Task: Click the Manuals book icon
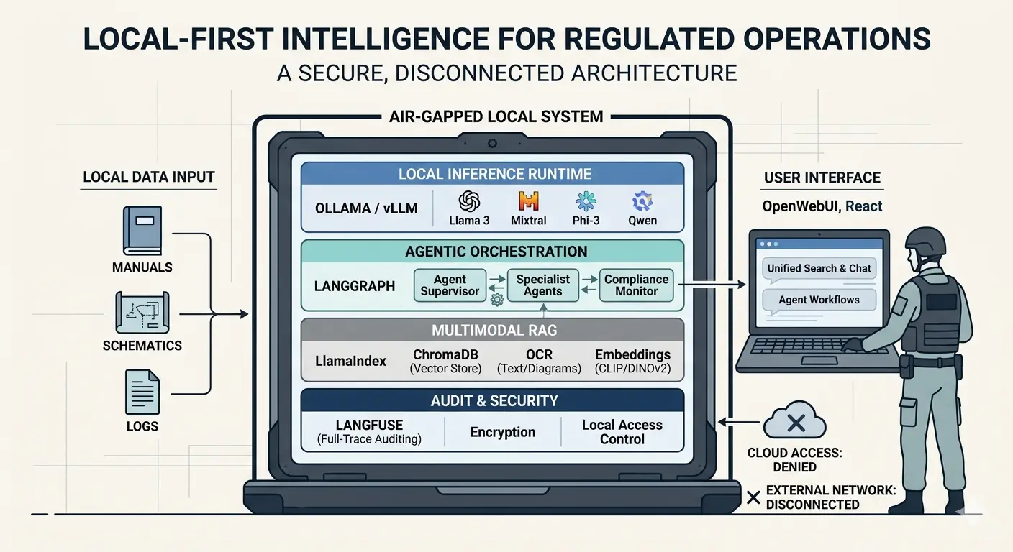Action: click(142, 231)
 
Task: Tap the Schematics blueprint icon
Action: click(142, 312)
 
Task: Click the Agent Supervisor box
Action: click(450, 285)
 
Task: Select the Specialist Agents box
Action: click(542, 285)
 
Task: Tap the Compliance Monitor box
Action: click(636, 285)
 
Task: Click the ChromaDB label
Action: click(445, 354)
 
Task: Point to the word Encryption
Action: click(502, 432)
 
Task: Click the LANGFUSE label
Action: click(369, 425)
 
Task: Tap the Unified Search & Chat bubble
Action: click(819, 268)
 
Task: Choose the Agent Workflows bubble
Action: click(819, 300)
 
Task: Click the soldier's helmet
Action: click(925, 242)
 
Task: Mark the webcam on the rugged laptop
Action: click(493, 142)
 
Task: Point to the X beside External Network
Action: click(753, 497)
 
